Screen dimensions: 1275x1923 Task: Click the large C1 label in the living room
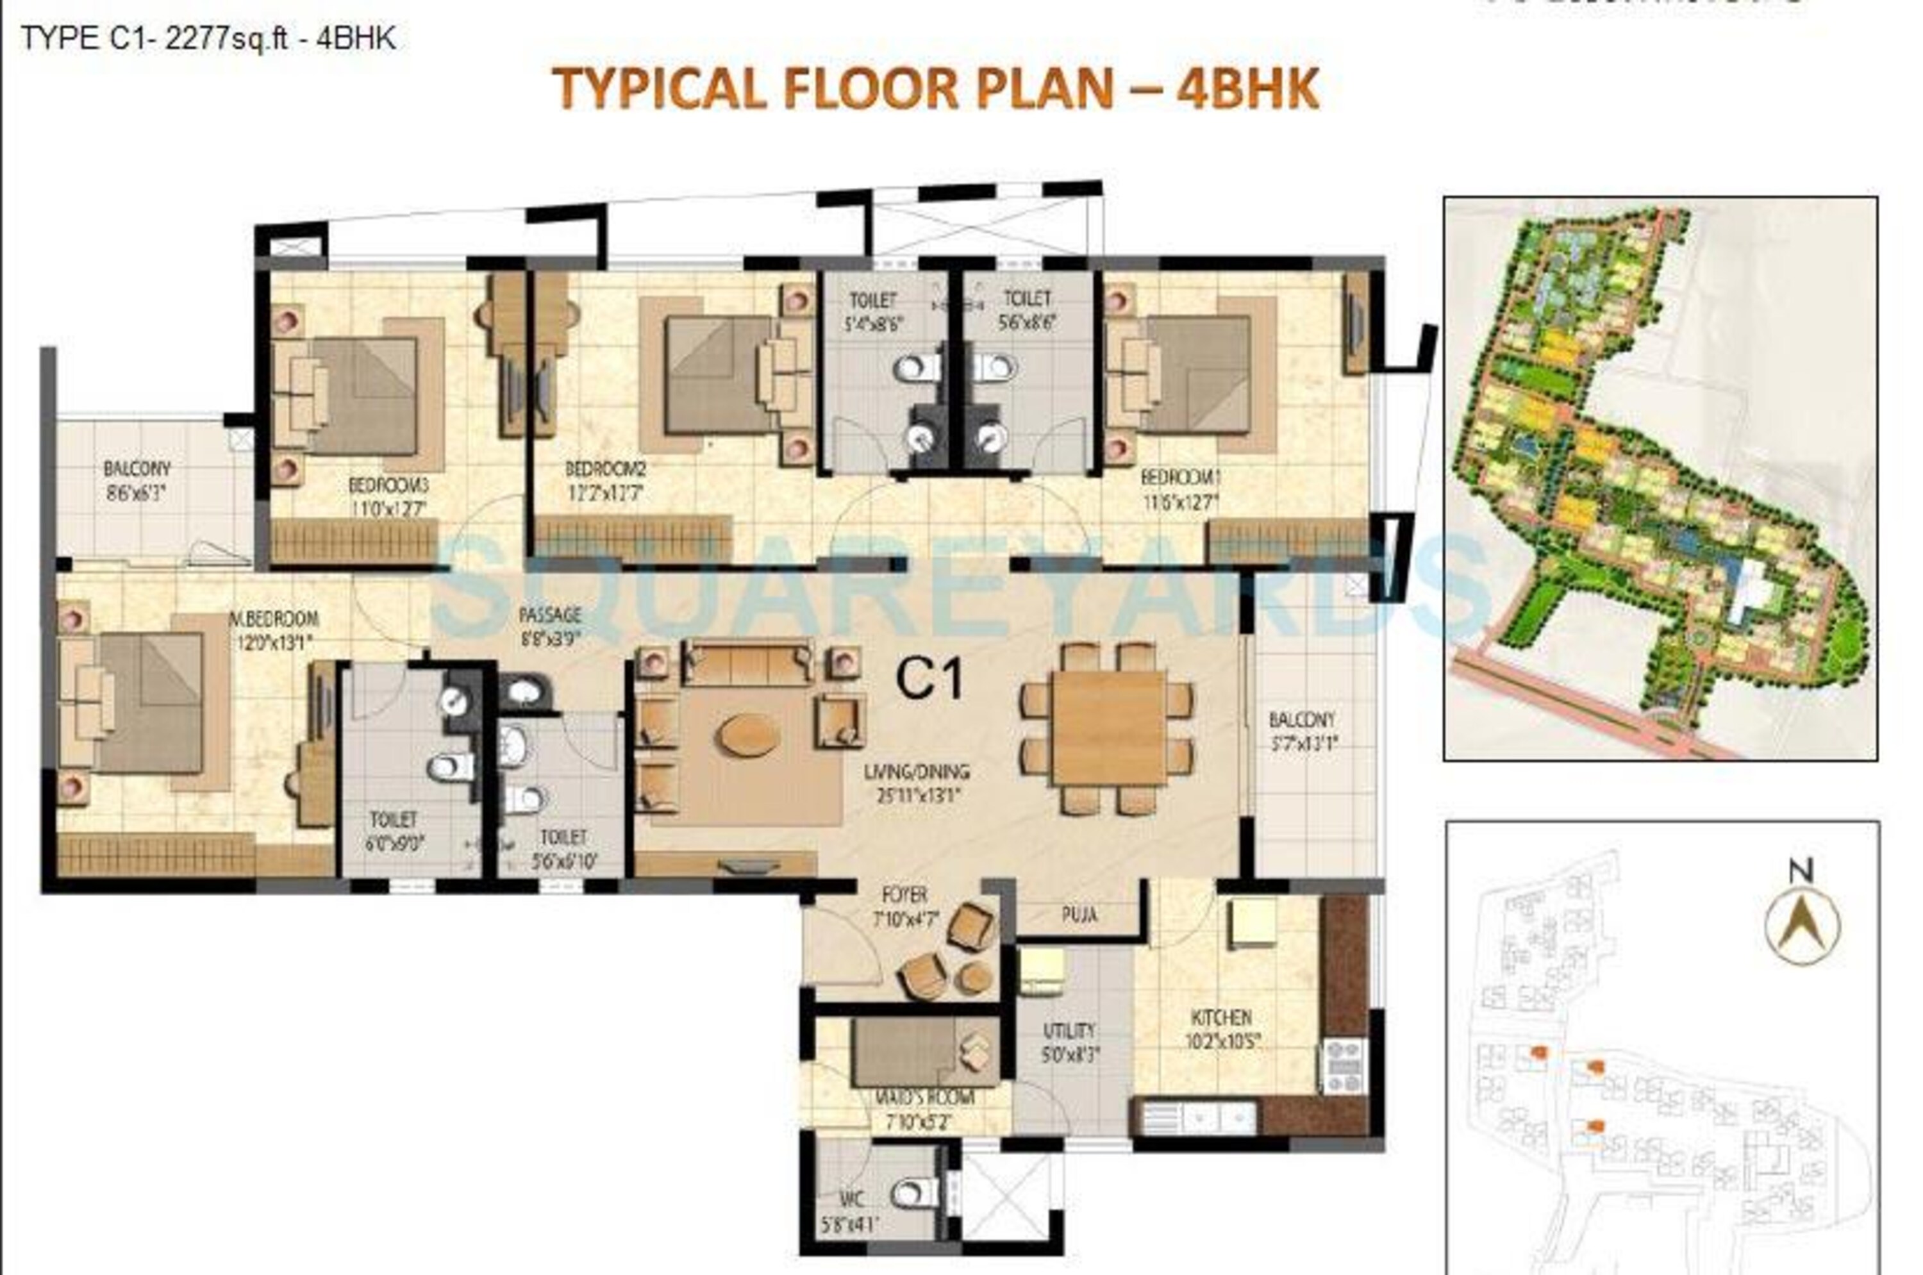929,679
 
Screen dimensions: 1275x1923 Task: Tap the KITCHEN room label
1220,1017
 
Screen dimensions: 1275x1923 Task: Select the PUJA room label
1079,915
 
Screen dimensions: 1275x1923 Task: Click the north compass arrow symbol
1801,924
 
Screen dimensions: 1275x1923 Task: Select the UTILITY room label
1069,1030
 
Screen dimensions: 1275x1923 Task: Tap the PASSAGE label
551,615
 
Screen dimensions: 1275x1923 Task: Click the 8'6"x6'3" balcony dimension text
137,493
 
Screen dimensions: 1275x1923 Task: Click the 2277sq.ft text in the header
226,38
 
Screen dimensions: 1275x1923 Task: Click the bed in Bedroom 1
1195,373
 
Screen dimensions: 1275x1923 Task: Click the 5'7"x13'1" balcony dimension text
1303,742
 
